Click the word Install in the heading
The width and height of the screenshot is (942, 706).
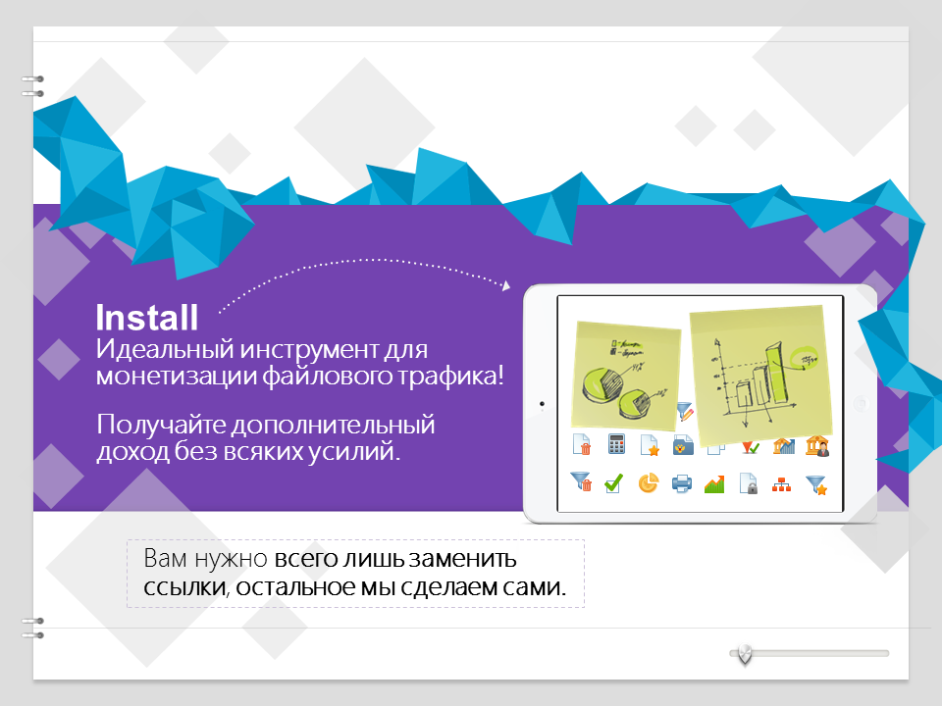pyautogui.click(x=147, y=318)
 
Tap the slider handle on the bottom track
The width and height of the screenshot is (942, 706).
pyautogui.click(x=745, y=654)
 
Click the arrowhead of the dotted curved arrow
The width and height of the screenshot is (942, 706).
pyautogui.click(x=506, y=285)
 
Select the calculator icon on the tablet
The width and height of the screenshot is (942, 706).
pyautogui.click(x=616, y=444)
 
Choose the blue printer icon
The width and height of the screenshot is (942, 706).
pyautogui.click(x=681, y=483)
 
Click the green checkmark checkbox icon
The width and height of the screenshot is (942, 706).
pyautogui.click(x=613, y=483)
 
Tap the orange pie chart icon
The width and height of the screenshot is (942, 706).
pyautogui.click(x=648, y=483)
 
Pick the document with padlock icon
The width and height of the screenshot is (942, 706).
pyautogui.click(x=749, y=483)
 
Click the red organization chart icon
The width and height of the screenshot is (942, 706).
pyautogui.click(x=781, y=484)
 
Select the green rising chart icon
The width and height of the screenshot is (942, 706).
pyautogui.click(x=714, y=483)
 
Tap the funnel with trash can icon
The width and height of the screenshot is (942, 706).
pyautogui.click(x=580, y=481)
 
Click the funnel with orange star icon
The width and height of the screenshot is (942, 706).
pyautogui.click(x=816, y=484)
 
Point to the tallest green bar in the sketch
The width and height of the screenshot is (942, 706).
pyautogui.click(x=775, y=373)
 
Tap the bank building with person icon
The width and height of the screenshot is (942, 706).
pyautogui.click(x=817, y=445)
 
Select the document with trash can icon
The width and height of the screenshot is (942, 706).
pyautogui.click(x=582, y=444)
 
